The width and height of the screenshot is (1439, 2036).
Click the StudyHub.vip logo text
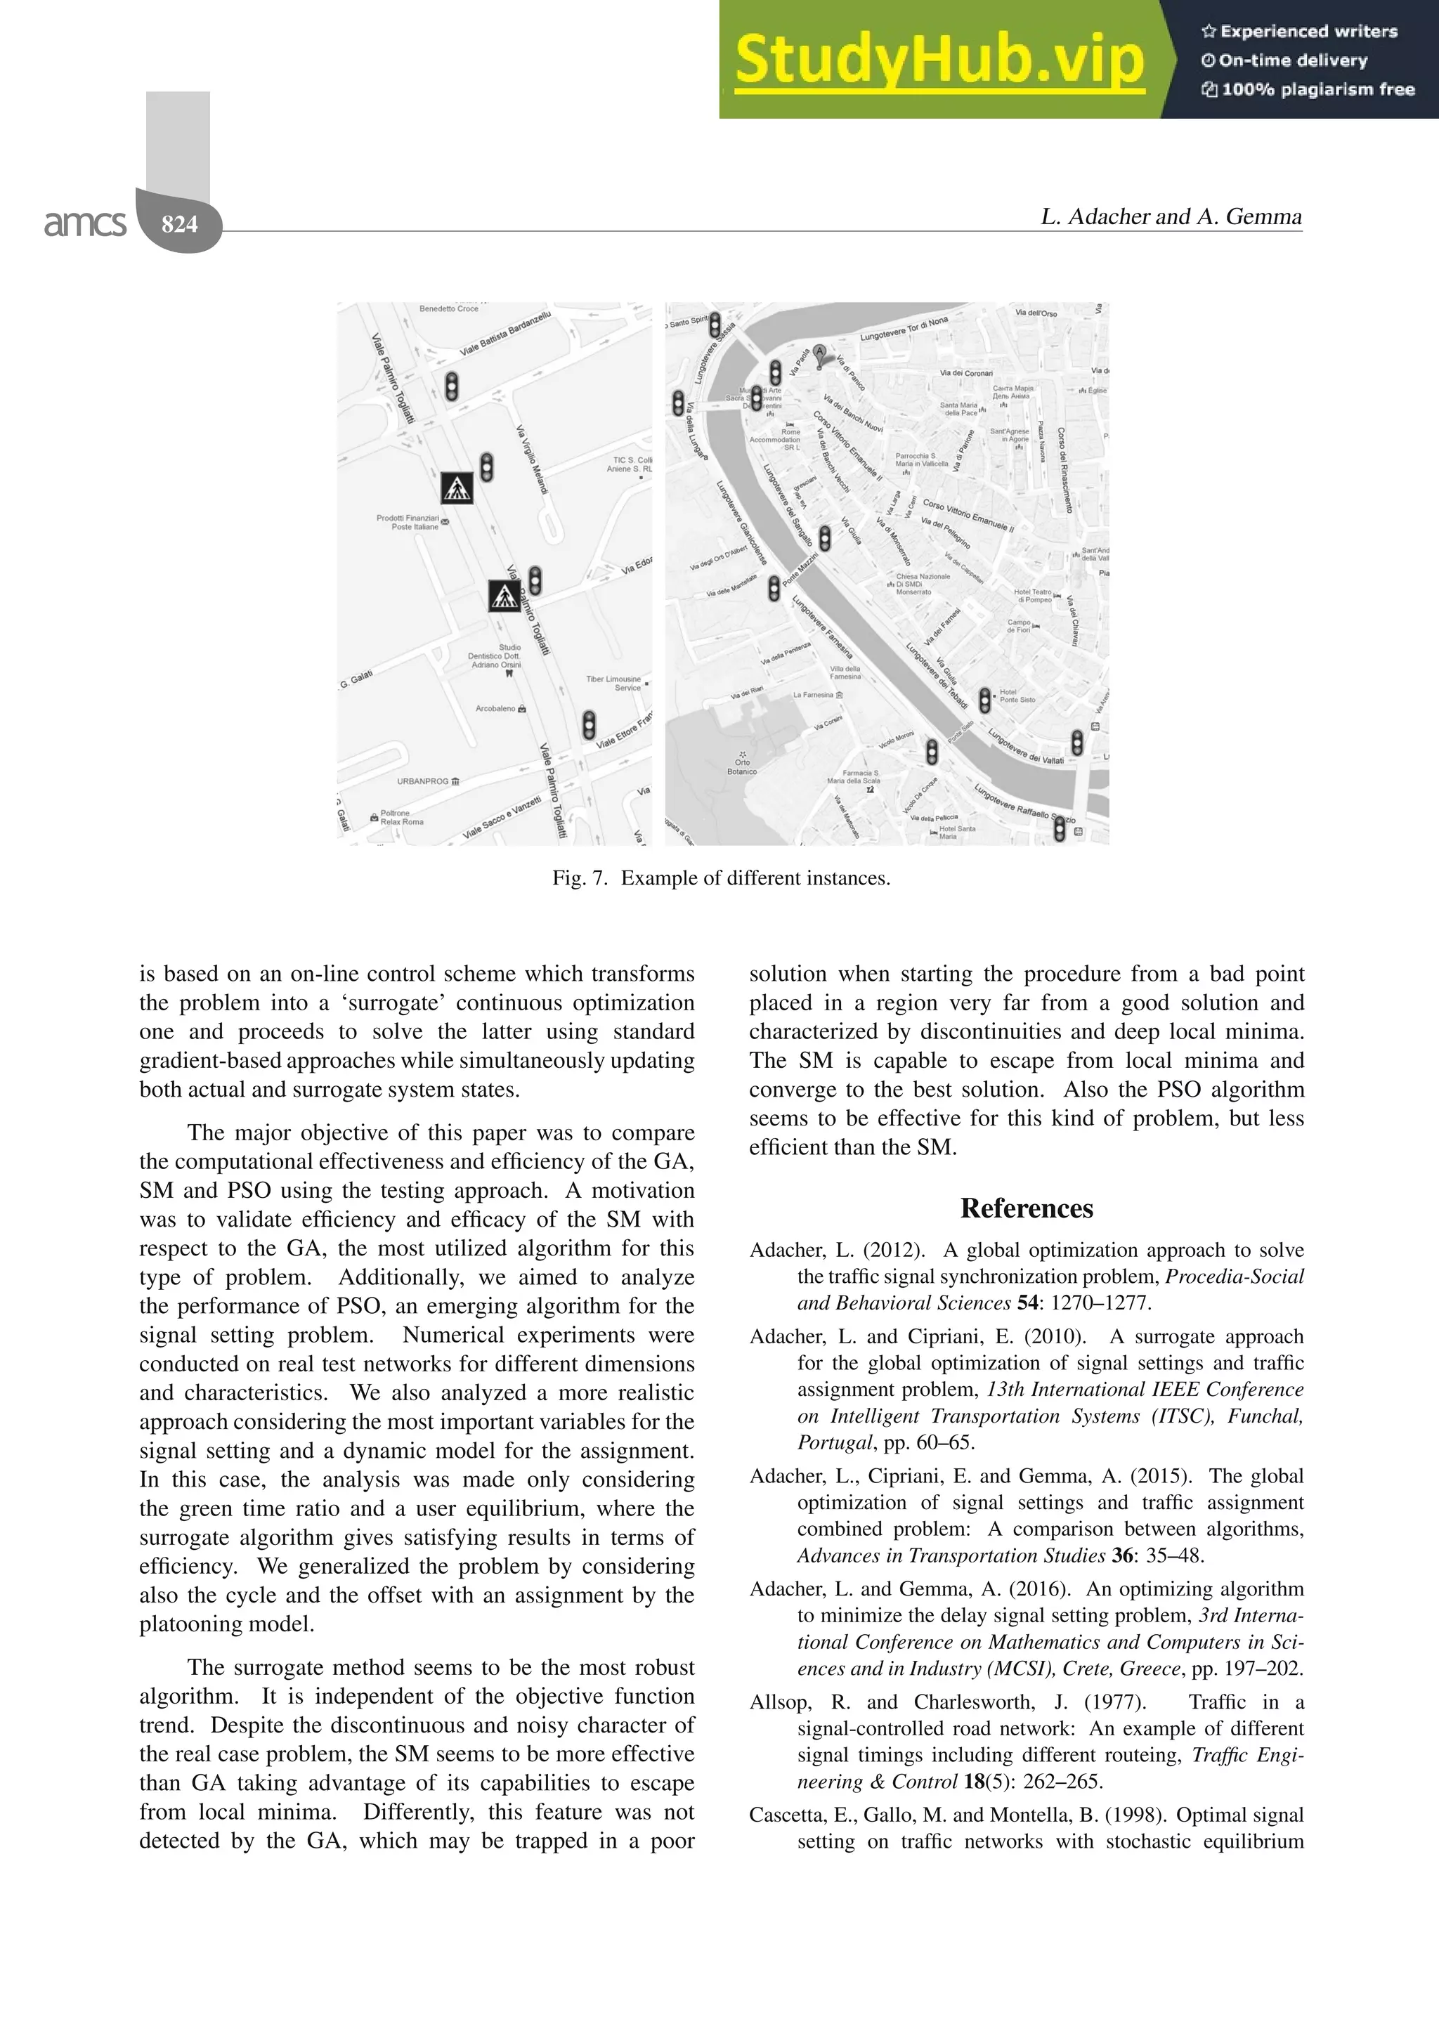click(x=939, y=60)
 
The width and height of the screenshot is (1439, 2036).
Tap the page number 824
click(x=180, y=223)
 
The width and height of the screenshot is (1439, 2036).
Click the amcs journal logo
click(x=85, y=223)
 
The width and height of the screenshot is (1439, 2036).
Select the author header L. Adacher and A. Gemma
click(x=1171, y=216)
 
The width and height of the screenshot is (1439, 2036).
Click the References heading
click(x=1026, y=1208)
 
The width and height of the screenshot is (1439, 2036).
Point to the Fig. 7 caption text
click(x=720, y=878)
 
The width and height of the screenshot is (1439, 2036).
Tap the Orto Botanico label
click(x=741, y=766)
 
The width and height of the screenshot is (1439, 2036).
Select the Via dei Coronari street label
click(x=966, y=373)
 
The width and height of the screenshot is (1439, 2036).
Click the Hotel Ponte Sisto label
click(x=1017, y=696)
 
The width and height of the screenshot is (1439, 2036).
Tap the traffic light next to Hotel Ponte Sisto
click(x=984, y=700)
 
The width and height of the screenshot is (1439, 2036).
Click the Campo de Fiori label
click(x=1019, y=626)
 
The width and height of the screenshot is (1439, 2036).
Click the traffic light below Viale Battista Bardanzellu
click(x=451, y=386)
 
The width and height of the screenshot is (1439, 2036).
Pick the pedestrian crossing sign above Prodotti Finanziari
click(x=457, y=488)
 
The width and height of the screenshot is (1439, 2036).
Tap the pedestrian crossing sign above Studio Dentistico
click(x=504, y=596)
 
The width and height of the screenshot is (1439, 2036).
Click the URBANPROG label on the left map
click(x=423, y=781)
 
